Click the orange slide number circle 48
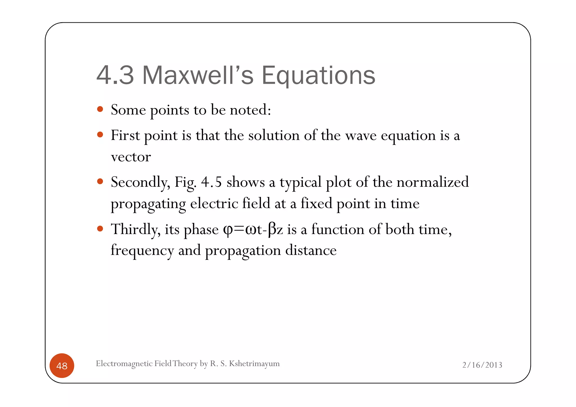62,365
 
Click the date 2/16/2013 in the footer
482,365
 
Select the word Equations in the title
318,76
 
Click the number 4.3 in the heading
115,75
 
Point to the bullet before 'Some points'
100,109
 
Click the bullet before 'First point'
100,135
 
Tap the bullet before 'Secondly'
100,181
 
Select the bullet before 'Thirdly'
100,228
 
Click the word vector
131,157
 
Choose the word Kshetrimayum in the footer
254,363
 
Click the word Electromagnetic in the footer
124,363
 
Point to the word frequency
142,250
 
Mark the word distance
311,250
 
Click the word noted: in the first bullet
250,109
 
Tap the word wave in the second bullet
361,136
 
